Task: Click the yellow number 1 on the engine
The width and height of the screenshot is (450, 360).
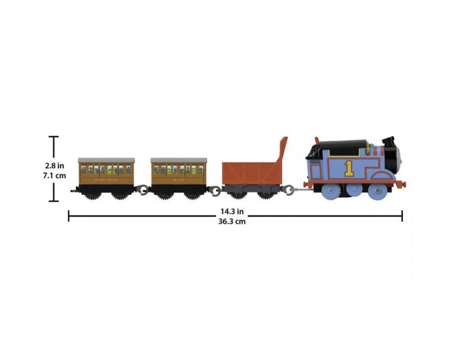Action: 349,168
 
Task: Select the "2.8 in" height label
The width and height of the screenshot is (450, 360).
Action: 54,165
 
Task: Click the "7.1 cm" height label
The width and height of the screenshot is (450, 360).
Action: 54,175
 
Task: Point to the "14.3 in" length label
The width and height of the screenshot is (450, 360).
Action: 232,211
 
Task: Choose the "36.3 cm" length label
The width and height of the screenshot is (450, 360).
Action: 232,221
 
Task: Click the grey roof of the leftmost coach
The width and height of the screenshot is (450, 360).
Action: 106,160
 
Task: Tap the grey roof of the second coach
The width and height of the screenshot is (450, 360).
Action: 179,160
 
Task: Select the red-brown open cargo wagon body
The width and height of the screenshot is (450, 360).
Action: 251,173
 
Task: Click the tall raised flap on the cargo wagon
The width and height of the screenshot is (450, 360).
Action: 282,149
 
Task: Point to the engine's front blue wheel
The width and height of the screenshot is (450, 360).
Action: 377,191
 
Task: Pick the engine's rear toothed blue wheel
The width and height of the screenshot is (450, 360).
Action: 331,191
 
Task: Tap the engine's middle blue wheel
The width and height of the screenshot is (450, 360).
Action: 354,190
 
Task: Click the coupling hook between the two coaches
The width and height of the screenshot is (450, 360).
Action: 142,190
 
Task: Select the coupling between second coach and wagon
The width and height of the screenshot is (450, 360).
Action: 215,190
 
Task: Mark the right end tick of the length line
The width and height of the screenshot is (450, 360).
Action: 402,216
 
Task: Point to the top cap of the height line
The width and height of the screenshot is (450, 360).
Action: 53,137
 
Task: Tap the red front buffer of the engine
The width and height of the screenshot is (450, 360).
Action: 400,184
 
